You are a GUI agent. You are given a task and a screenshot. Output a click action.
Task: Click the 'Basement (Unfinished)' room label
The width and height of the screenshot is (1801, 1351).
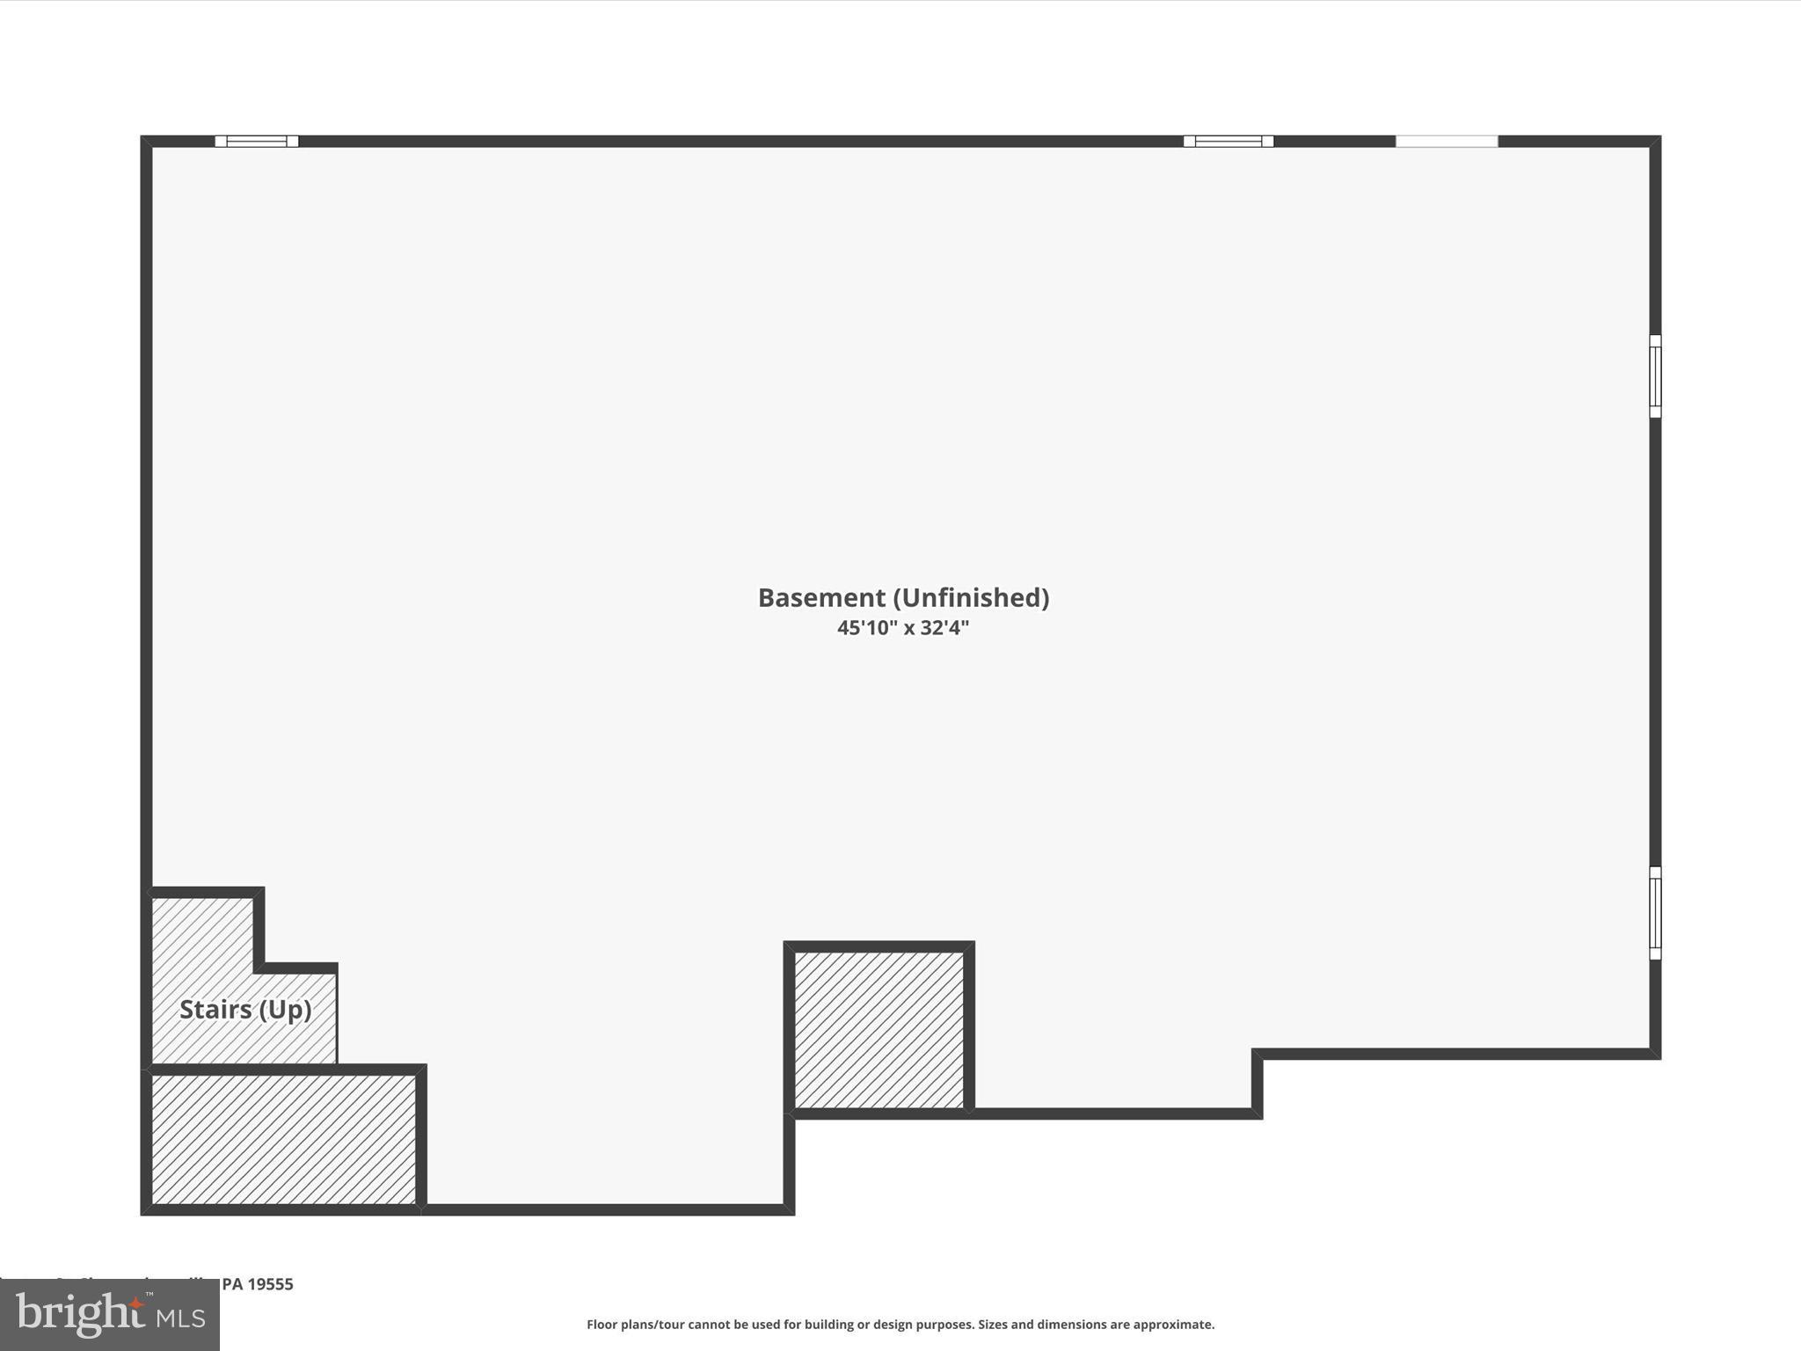tap(903, 598)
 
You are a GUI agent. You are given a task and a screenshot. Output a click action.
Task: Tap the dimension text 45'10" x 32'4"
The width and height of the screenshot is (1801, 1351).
tap(902, 628)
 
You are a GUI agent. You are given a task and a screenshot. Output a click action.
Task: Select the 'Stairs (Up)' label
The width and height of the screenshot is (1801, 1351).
tap(245, 1009)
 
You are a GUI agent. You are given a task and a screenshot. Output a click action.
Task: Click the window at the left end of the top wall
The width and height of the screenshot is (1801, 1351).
tap(257, 142)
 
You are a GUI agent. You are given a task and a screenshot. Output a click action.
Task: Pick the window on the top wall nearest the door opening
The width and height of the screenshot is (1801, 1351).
tap(1228, 142)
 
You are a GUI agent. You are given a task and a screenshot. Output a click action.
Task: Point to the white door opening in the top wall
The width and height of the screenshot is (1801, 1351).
tap(1447, 142)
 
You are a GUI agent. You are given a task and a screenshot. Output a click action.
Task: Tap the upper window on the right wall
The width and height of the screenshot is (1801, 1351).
tap(1654, 376)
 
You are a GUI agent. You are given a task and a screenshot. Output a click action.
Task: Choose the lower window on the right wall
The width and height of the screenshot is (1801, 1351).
tap(1654, 912)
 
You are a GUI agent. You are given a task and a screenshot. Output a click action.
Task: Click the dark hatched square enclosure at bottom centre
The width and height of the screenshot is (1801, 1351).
tap(879, 1030)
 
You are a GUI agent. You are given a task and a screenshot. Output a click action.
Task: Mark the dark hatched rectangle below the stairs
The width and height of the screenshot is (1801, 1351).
tap(283, 1139)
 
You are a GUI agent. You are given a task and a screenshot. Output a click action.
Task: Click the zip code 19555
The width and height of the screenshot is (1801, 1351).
tap(270, 1284)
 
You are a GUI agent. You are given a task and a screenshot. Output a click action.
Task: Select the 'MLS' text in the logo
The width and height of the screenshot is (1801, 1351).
tap(181, 1318)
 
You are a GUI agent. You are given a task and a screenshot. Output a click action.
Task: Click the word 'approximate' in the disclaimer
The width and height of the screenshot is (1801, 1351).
tap(1173, 1325)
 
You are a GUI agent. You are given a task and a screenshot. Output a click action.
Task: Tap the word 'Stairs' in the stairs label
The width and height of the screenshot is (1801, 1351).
tap(215, 1009)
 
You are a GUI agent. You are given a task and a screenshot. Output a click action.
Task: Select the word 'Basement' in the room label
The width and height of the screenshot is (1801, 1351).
tap(821, 598)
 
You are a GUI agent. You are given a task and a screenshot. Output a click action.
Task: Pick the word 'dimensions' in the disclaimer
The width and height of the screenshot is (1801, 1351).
tap(1066, 1325)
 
